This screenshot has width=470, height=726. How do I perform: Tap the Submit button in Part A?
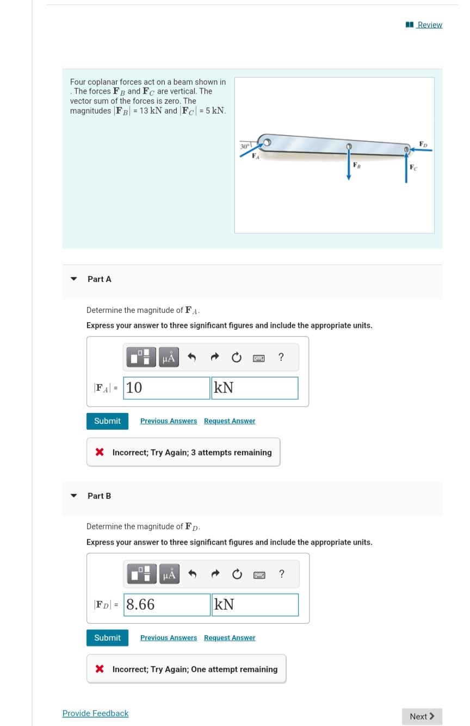click(x=107, y=421)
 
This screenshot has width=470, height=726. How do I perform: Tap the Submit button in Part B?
click(x=107, y=638)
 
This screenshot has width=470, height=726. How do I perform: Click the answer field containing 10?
click(x=166, y=388)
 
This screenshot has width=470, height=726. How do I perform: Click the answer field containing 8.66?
click(x=166, y=605)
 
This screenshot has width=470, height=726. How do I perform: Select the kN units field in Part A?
click(x=255, y=388)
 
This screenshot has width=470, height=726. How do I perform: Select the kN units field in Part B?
click(x=255, y=605)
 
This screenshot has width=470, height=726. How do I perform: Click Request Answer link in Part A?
click(x=230, y=421)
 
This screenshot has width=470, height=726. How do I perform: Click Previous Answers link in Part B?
click(x=169, y=638)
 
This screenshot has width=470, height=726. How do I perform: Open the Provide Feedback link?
click(x=95, y=714)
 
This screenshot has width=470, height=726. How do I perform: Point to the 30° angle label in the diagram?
click(x=245, y=146)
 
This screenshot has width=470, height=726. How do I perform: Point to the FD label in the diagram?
click(x=424, y=143)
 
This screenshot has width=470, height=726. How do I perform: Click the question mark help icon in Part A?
click(x=281, y=357)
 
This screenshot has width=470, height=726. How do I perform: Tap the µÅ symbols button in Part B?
click(x=169, y=574)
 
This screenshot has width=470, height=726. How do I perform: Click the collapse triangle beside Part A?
click(x=74, y=279)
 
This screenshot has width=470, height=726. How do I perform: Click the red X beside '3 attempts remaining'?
click(x=100, y=453)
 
